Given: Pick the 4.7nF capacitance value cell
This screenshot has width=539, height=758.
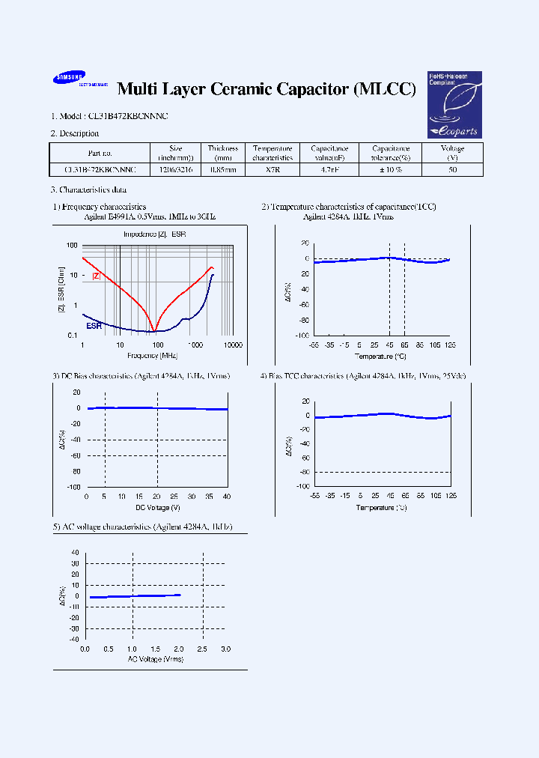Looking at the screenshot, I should [x=329, y=170].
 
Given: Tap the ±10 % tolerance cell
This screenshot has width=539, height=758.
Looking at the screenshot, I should [x=391, y=170].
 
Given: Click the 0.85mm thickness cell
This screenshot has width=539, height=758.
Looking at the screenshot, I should [x=222, y=170].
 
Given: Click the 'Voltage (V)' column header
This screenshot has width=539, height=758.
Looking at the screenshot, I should [x=452, y=153].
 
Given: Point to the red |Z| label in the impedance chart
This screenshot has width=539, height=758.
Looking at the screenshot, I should [x=96, y=276].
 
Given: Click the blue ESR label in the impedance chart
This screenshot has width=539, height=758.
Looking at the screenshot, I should [x=94, y=327].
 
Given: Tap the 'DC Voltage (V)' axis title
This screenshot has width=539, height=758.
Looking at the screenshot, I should [x=156, y=507].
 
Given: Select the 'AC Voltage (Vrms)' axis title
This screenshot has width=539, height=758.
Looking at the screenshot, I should [x=155, y=659].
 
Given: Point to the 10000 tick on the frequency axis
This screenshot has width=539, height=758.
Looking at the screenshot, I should [x=233, y=345].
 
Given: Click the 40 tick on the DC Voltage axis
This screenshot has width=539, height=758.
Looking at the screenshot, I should [x=227, y=497].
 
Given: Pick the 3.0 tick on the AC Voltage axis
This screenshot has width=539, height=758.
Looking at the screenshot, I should [x=225, y=649].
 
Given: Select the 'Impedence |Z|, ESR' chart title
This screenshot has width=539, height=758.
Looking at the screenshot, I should [x=154, y=234].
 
